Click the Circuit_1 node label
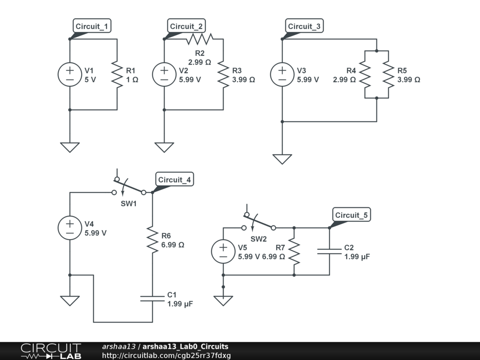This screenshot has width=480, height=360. click(x=92, y=26)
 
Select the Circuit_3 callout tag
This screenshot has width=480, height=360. click(x=304, y=26)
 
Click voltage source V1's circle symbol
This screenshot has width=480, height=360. click(x=69, y=75)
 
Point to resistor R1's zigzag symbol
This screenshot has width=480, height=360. click(x=117, y=75)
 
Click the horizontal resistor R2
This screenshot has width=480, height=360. click(x=200, y=39)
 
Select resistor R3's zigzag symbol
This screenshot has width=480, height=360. click(x=223, y=75)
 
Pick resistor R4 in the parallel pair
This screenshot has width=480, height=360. click(x=365, y=75)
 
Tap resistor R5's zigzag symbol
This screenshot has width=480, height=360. click(x=389, y=75)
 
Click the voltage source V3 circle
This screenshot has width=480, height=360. click(x=282, y=75)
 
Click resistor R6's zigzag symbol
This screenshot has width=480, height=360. click(x=152, y=239)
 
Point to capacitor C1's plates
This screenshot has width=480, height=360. click(x=152, y=298)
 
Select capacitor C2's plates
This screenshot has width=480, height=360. click(x=330, y=251)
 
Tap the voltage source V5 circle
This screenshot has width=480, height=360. click(x=223, y=251)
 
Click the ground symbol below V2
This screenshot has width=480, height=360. click(x=164, y=147)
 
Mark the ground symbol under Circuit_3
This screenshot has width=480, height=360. click(x=282, y=159)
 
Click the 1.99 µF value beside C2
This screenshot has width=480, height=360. click(x=357, y=257)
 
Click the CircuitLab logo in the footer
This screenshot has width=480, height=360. click(x=51, y=351)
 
